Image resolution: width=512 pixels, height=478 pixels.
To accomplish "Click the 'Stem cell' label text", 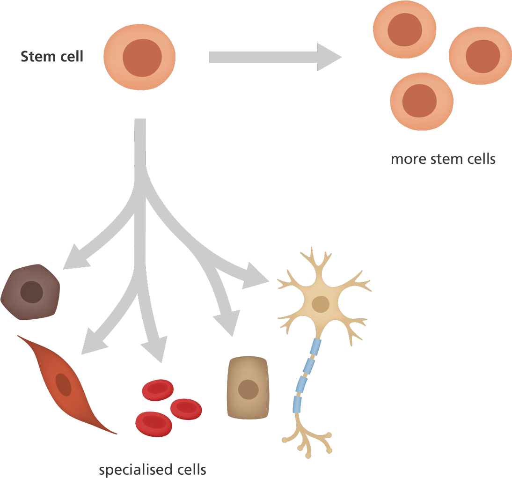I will (x=51, y=57).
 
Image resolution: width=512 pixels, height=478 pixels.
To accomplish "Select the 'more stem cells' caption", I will (x=443, y=159).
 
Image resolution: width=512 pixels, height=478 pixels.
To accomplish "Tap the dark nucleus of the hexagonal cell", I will (x=32, y=293).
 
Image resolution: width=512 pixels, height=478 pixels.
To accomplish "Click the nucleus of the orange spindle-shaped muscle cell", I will (x=64, y=384).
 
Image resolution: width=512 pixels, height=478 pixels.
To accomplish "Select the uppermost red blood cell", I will (x=158, y=390).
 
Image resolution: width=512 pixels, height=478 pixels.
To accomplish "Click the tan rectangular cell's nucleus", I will (x=248, y=389).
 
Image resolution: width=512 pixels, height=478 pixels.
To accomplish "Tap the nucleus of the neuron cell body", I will (x=321, y=304).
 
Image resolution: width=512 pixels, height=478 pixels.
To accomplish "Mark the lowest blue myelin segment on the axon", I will (x=297, y=404).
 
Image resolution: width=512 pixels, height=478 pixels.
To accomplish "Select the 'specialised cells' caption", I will (x=153, y=469).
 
